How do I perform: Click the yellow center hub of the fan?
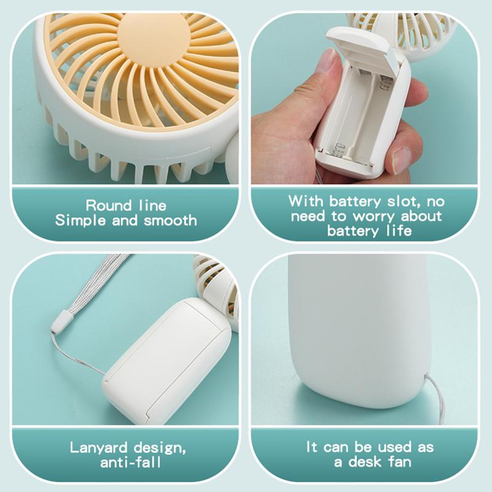pos(153,37)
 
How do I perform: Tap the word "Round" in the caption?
pos(109,205)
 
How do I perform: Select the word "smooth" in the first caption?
pos(170,220)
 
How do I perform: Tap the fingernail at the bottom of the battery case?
pos(402,160)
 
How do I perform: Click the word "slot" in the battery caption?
pos(404,201)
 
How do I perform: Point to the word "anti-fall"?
pos(130,462)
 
